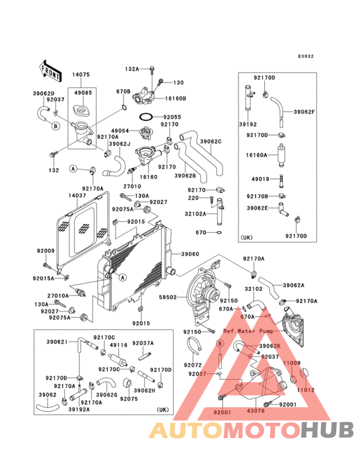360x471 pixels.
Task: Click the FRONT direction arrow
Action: (x=50, y=71)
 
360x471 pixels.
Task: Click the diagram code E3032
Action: (x=306, y=56)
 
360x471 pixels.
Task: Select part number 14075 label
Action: (x=81, y=75)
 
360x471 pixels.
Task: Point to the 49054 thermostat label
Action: (x=120, y=131)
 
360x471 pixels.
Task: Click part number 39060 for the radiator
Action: (x=190, y=254)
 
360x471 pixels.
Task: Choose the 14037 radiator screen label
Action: (x=76, y=196)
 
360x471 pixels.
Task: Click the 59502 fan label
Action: (x=168, y=297)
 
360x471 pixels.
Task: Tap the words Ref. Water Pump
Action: (x=248, y=331)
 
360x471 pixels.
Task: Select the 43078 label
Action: (x=256, y=411)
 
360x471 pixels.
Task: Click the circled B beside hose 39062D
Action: (x=55, y=126)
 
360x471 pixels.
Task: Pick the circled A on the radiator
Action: (x=122, y=277)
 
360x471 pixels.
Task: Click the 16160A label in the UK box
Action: (x=256, y=155)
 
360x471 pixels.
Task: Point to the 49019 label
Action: (x=260, y=179)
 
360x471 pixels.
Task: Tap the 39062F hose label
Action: (x=304, y=112)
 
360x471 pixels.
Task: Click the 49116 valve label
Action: (x=118, y=345)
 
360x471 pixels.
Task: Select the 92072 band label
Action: (x=193, y=365)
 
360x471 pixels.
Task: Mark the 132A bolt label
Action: (x=132, y=69)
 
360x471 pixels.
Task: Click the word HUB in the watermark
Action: (x=327, y=430)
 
